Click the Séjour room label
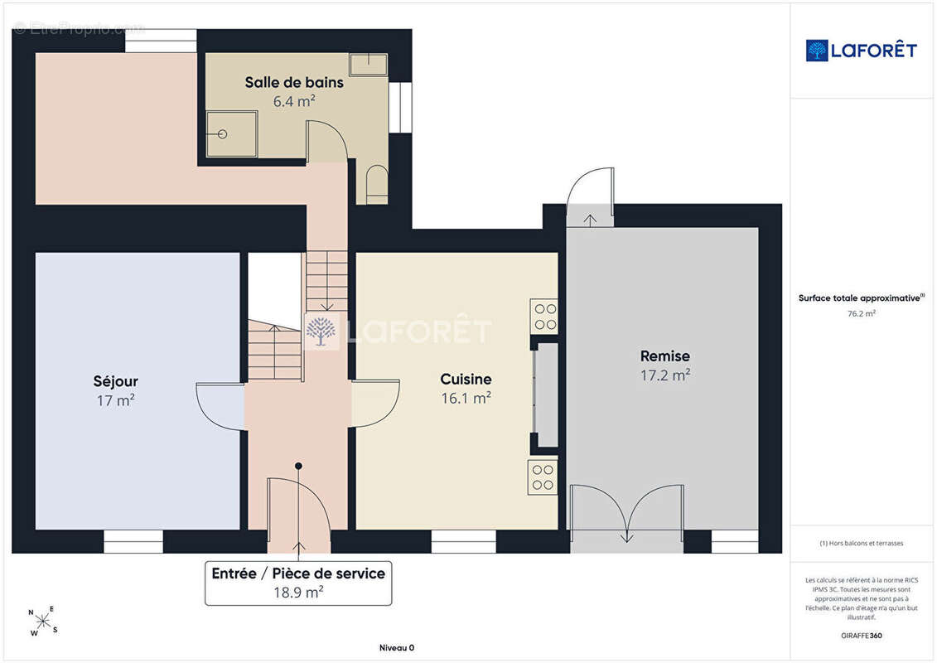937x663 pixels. click(x=115, y=381)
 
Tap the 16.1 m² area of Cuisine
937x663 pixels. click(x=466, y=398)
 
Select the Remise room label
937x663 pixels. click(x=665, y=356)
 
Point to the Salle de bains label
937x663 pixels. click(x=294, y=83)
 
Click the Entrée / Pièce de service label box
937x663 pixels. click(x=298, y=583)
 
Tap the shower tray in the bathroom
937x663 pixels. click(x=231, y=134)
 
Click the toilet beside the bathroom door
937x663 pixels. click(x=376, y=183)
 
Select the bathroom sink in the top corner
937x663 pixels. click(x=368, y=65)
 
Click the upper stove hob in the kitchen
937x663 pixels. click(x=544, y=317)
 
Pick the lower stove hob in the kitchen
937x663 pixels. click(x=543, y=477)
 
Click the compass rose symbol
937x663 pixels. click(x=43, y=622)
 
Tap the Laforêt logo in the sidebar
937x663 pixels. click(x=861, y=51)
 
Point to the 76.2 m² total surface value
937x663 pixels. click(x=861, y=313)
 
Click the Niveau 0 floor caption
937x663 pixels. click(x=397, y=647)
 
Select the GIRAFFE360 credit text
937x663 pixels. click(x=861, y=636)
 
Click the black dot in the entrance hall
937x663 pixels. click(x=298, y=466)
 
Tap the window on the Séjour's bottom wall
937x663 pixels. click(x=133, y=542)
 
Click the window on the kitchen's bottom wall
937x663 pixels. click(x=464, y=542)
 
